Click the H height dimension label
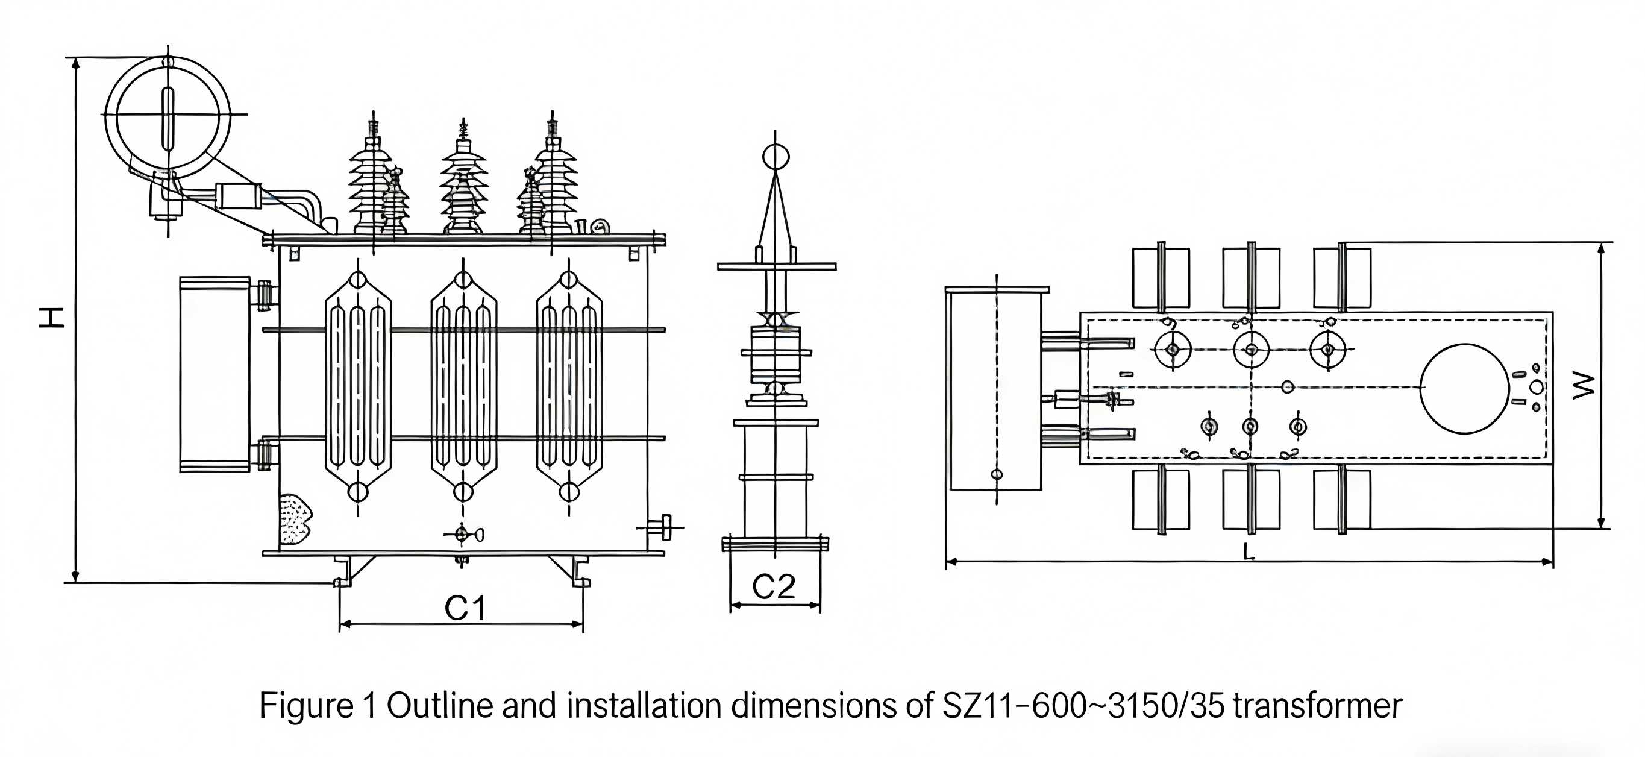click(x=52, y=317)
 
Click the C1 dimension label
click(x=466, y=608)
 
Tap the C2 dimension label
click(x=773, y=586)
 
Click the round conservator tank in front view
click(x=168, y=116)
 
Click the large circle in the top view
click(x=1464, y=388)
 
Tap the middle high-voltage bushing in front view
click(x=463, y=185)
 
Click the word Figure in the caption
click(x=306, y=706)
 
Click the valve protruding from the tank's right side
click(x=664, y=527)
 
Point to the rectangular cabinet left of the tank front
click(x=215, y=374)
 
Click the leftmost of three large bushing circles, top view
click(x=1173, y=350)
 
